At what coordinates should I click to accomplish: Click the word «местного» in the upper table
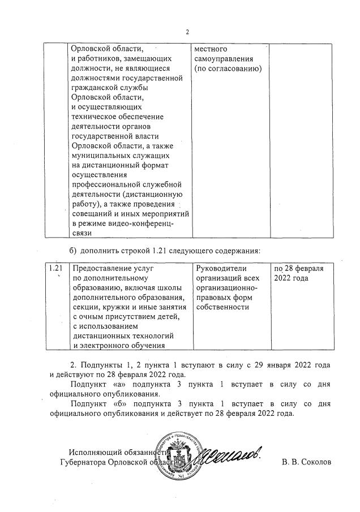(x=211, y=49)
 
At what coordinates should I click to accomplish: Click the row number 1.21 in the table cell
(x=55, y=268)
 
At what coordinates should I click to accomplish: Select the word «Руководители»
(x=222, y=268)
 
